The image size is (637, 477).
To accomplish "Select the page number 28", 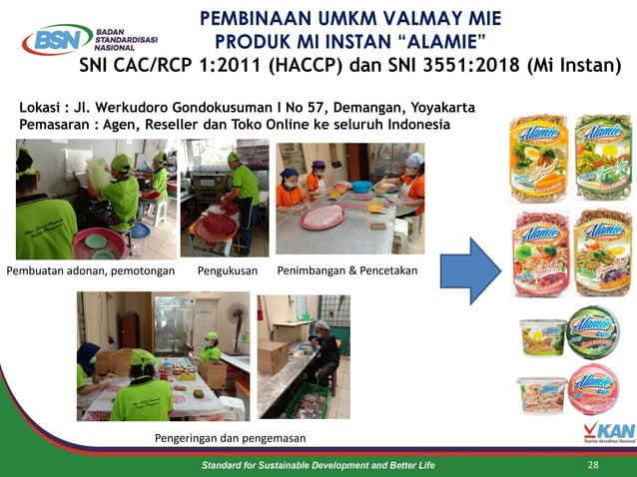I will click(594, 465).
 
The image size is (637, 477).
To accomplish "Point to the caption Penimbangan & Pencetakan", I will click(346, 270).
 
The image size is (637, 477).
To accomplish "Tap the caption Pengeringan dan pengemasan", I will click(230, 438).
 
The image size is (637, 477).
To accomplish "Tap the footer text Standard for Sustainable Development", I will click(318, 465).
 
